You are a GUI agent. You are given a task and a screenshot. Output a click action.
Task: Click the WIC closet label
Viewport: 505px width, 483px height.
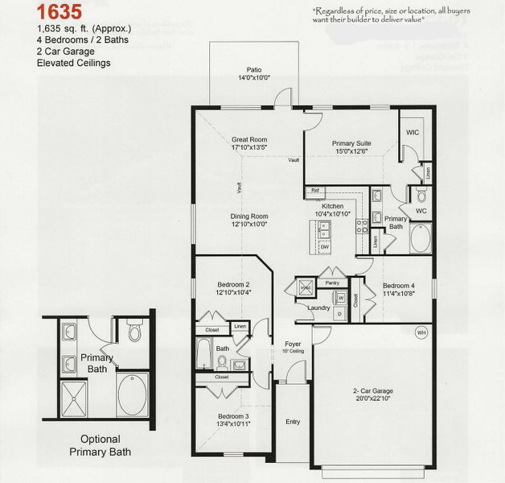pos(413,132)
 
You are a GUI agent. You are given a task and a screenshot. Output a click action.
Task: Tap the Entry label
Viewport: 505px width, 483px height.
pos(293,421)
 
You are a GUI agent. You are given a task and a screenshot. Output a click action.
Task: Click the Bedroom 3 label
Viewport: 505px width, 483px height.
pos(233,416)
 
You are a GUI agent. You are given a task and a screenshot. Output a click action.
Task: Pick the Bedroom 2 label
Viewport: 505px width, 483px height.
pos(233,284)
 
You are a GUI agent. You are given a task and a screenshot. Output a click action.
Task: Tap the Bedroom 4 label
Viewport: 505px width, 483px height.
pos(399,286)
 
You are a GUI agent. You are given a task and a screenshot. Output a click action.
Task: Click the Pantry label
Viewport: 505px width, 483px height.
pos(331,283)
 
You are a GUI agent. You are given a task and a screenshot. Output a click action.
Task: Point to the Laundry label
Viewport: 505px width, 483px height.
pos(319,308)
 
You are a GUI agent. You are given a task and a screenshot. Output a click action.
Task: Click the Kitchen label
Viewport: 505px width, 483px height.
pos(333,206)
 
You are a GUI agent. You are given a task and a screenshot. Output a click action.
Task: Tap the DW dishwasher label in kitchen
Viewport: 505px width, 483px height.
pos(324,246)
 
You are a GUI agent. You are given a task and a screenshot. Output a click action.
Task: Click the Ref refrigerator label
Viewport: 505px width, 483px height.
pos(315,191)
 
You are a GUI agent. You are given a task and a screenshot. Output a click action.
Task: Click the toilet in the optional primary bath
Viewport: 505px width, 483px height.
pos(134,333)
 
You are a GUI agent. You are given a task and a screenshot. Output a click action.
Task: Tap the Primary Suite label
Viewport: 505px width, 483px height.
pos(350,143)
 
